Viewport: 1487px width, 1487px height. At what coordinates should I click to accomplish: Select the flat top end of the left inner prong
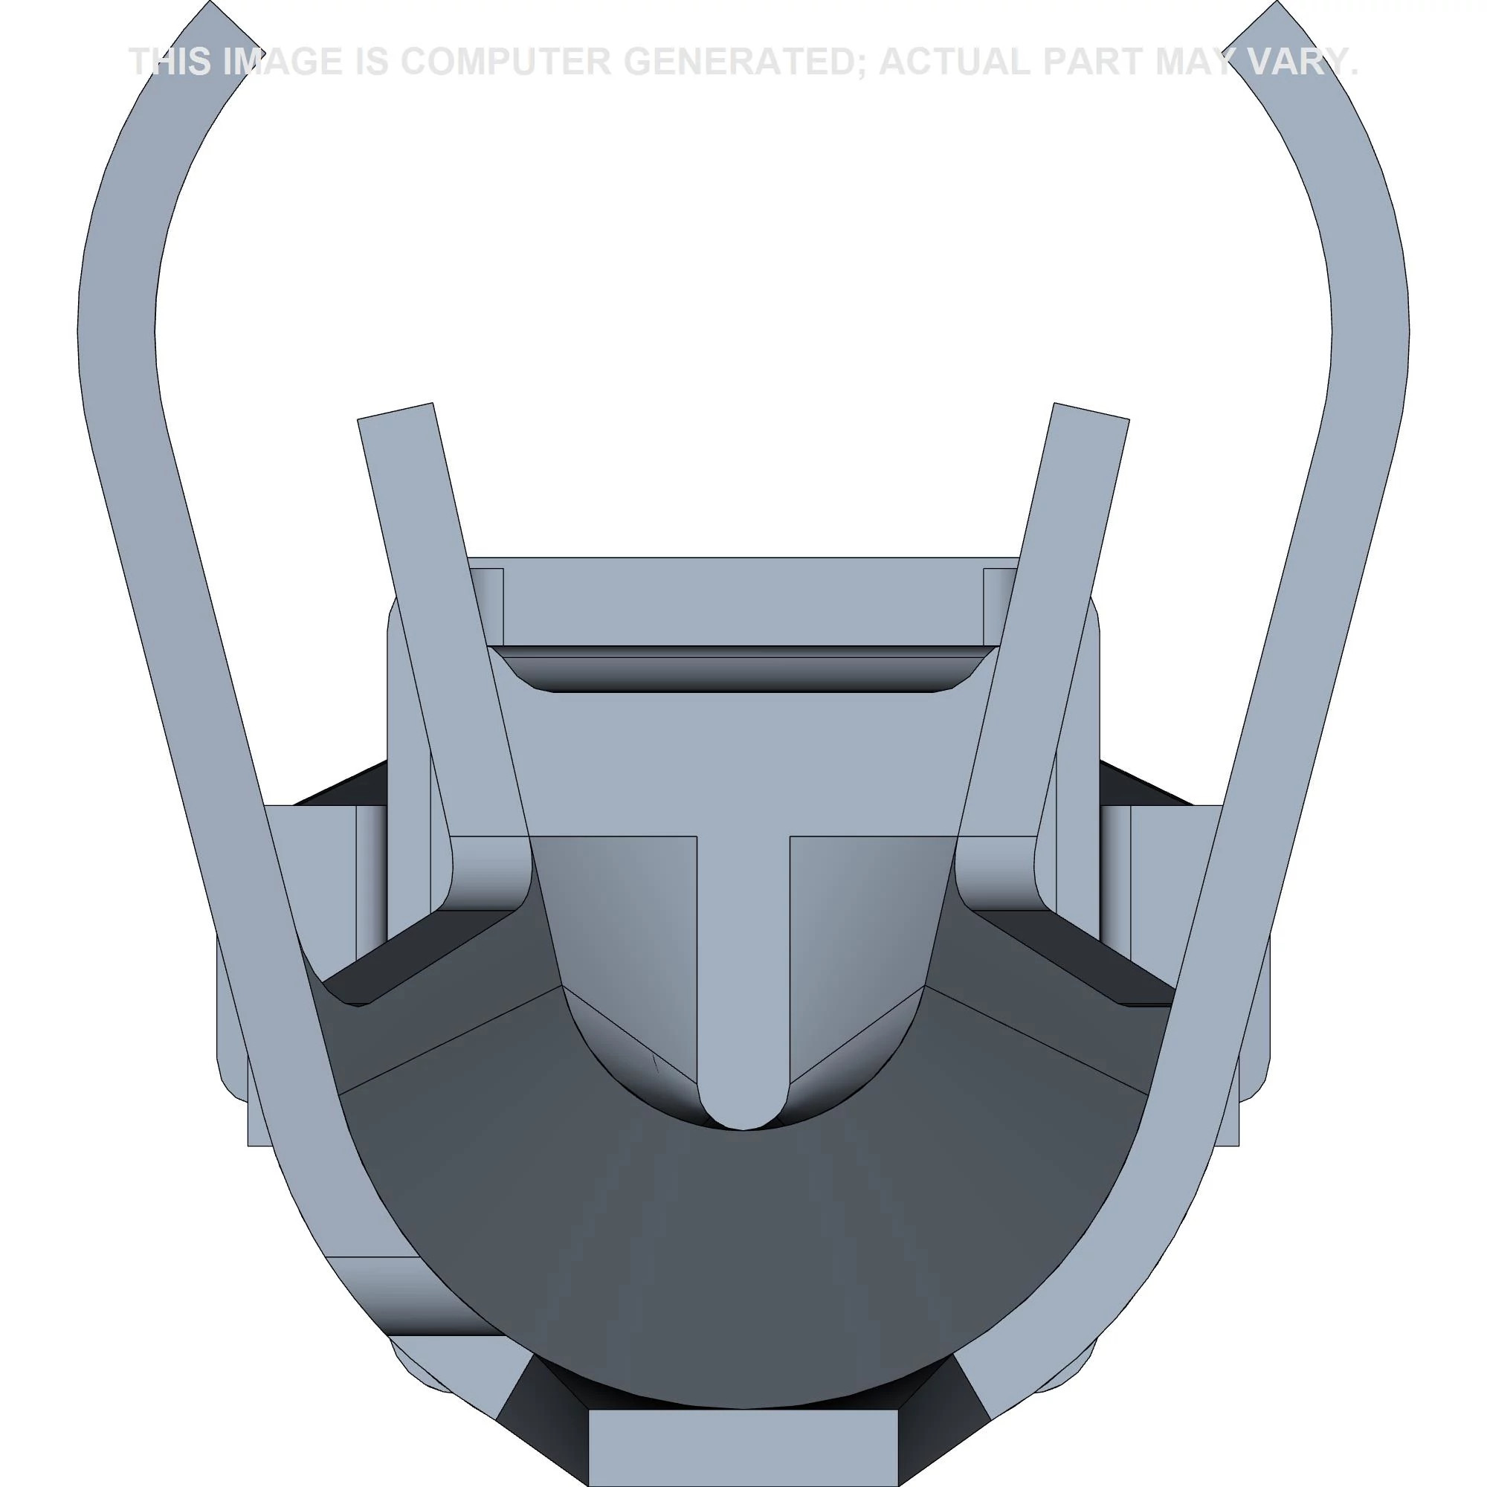point(395,411)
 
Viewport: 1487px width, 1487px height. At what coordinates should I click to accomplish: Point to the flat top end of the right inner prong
point(1091,411)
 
